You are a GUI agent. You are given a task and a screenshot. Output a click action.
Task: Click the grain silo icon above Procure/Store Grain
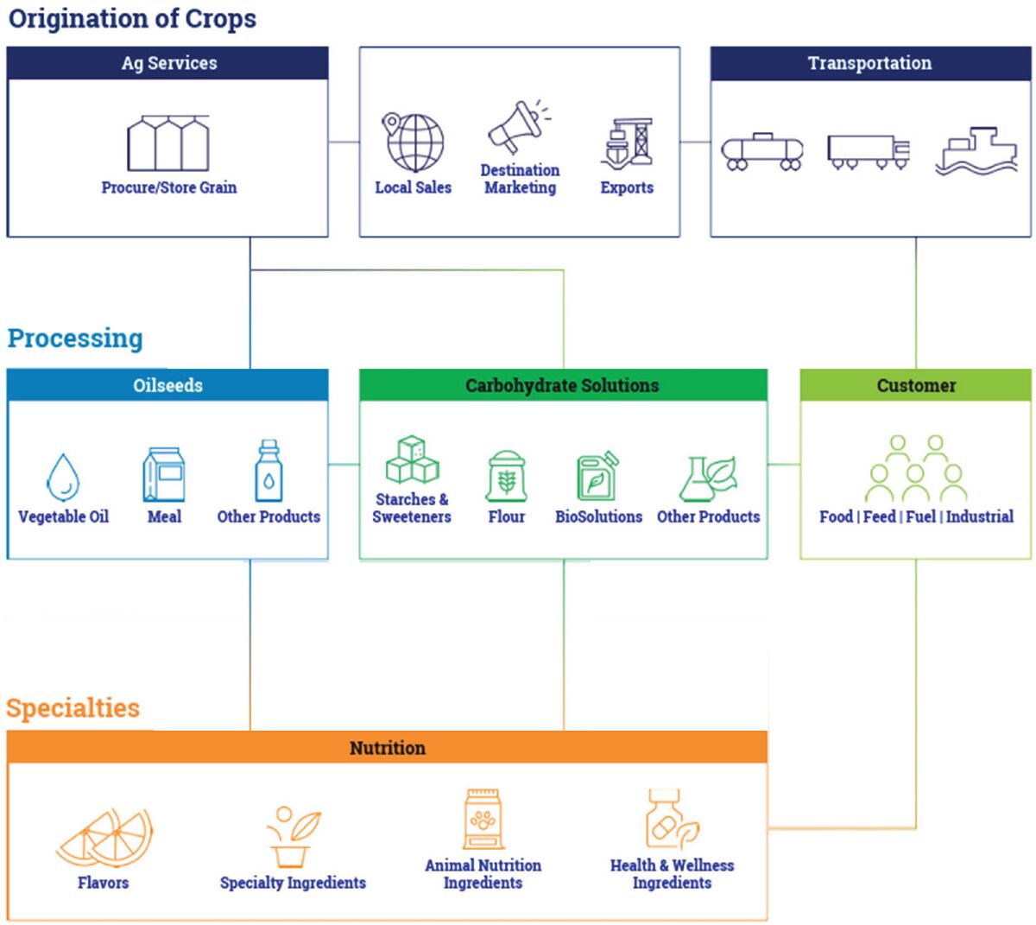click(x=168, y=143)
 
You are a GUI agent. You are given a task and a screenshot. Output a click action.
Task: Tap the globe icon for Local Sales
click(x=414, y=143)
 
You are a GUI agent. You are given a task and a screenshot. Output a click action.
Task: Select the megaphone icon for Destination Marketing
click(x=518, y=128)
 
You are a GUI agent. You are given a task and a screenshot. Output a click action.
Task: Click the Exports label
click(x=627, y=187)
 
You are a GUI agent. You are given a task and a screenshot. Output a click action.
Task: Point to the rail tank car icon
click(x=761, y=152)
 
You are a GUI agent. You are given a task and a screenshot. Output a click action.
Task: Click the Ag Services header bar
click(x=168, y=63)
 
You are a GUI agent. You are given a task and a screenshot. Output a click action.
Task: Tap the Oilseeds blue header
click(x=168, y=385)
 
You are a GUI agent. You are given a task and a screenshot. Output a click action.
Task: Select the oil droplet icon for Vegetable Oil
click(x=63, y=477)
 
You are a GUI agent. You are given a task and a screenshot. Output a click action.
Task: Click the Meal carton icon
click(x=164, y=474)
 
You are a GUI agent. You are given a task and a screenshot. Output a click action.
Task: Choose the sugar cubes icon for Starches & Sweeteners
click(x=412, y=459)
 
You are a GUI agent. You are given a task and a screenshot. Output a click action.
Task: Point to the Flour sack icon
click(x=507, y=476)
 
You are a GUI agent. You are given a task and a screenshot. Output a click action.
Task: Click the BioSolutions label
click(x=598, y=516)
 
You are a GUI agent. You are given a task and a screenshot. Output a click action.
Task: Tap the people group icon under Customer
click(x=916, y=469)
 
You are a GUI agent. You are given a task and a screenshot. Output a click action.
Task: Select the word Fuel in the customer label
click(x=920, y=516)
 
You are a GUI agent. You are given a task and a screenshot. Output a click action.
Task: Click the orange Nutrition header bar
click(x=387, y=748)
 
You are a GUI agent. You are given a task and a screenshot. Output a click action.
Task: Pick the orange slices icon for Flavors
click(x=105, y=838)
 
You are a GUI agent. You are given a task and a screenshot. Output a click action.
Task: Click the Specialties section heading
click(x=73, y=708)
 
